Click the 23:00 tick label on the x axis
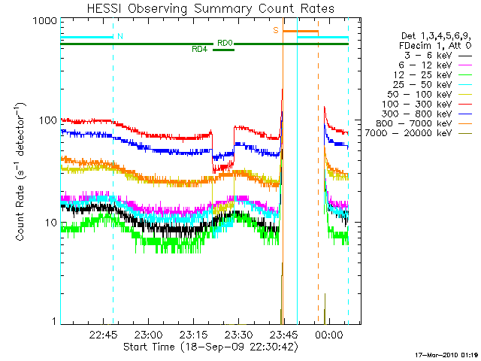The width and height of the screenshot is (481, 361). (148, 335)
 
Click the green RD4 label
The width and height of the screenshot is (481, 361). (199, 50)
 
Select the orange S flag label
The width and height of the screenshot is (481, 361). (276, 30)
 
